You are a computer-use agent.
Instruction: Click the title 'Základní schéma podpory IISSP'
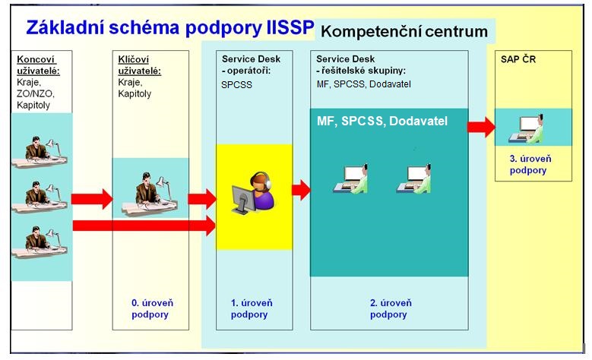[169, 28]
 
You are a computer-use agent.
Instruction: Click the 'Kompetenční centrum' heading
[404, 32]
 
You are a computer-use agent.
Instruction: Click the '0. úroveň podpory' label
[149, 308]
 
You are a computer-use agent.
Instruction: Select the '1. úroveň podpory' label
[250, 308]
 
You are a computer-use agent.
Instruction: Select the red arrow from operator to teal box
[301, 190]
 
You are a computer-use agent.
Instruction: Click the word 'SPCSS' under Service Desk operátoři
[236, 85]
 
